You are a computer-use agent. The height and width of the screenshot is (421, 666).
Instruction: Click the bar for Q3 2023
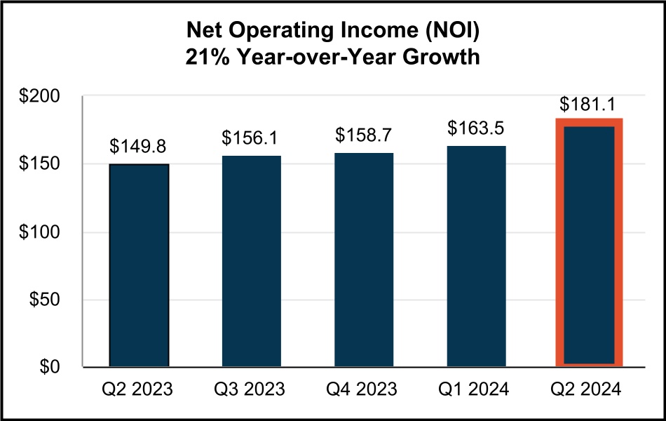[252, 261]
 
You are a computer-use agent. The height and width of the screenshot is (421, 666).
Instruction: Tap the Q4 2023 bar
[364, 260]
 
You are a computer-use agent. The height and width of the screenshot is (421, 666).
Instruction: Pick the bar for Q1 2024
[476, 256]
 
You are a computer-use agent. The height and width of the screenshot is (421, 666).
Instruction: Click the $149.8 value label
[139, 147]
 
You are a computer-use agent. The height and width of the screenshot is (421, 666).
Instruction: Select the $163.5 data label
[476, 128]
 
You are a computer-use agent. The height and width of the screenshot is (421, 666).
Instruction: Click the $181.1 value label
[589, 105]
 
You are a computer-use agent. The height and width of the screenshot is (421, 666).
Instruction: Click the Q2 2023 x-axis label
[139, 389]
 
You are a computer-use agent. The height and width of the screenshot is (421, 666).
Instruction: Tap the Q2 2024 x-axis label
[589, 389]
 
